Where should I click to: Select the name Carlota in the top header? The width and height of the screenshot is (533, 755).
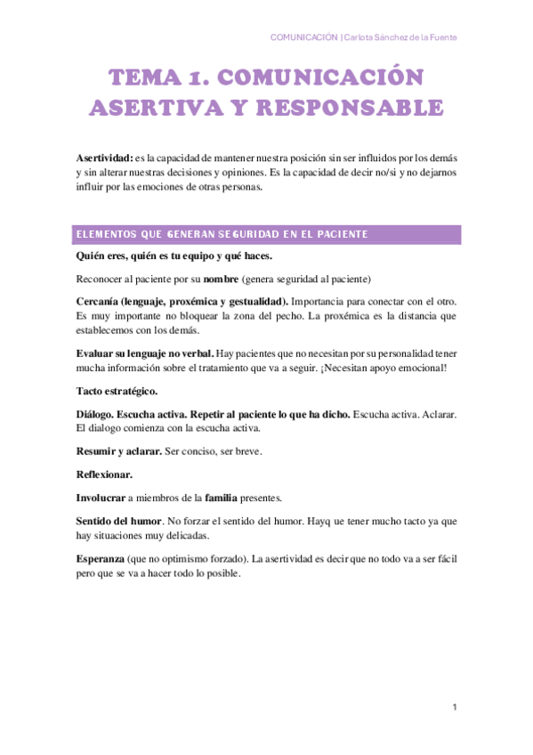pos(362,37)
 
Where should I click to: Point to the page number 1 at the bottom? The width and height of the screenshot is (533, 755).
pos(454,707)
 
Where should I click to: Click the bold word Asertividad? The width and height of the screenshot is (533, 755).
pos(104,157)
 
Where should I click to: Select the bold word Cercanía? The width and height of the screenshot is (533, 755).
pos(98,300)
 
